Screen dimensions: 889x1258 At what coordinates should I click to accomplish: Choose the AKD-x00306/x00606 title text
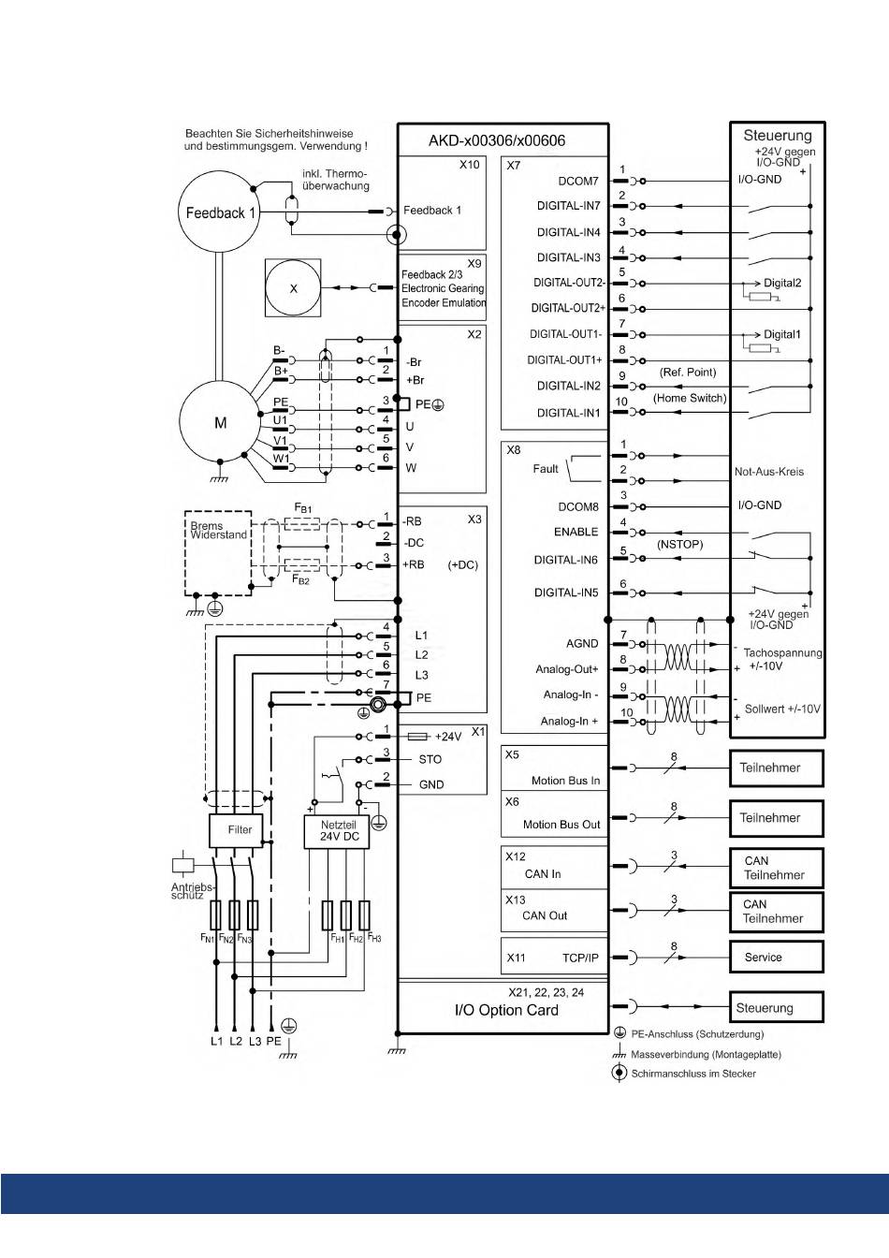(497, 140)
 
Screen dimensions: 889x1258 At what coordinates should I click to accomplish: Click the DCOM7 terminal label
(578, 181)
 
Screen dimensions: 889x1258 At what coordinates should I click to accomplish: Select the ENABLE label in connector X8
(576, 532)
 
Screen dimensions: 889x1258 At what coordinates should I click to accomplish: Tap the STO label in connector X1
(430, 759)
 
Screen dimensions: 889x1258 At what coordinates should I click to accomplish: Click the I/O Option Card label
(506, 1010)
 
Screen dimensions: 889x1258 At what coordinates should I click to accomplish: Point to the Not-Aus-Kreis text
(769, 472)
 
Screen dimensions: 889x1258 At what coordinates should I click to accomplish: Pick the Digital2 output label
(782, 283)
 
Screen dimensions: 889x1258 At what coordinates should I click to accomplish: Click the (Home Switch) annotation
(690, 398)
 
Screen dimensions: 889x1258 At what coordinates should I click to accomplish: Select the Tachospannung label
(783, 652)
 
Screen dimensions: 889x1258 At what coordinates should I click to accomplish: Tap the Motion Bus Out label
(561, 825)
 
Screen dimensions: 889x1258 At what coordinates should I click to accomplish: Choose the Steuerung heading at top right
(778, 136)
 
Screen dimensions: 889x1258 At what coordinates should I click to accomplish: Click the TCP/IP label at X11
(581, 958)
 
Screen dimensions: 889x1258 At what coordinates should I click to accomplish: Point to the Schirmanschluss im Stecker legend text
(693, 1074)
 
